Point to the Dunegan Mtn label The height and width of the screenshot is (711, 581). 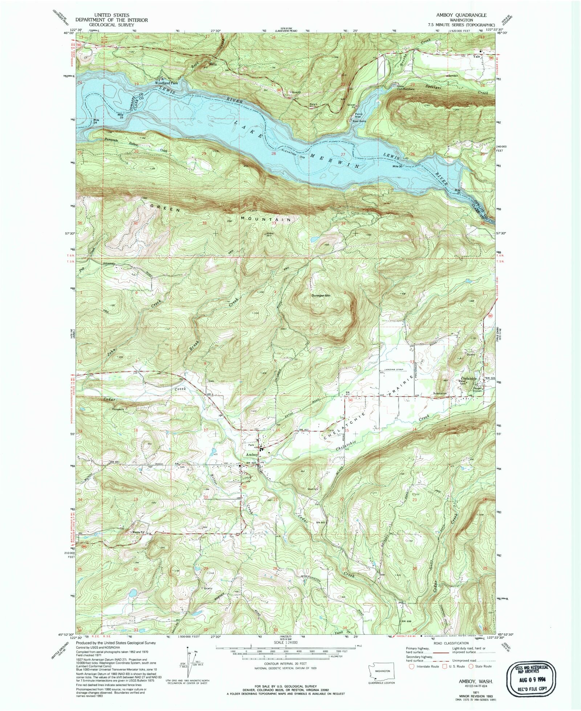pyautogui.click(x=322, y=296)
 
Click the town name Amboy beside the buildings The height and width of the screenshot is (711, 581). pyautogui.click(x=252, y=454)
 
